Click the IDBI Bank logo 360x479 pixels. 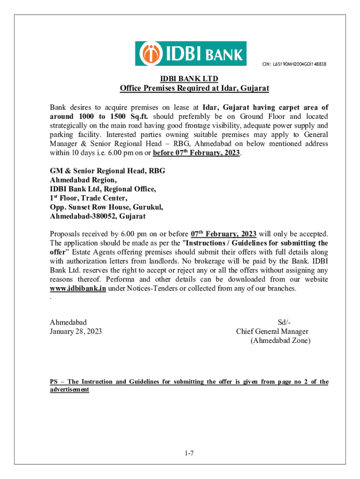coord(190,54)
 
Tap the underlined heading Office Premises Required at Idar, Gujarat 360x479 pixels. coord(194,88)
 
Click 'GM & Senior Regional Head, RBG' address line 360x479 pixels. coord(108,171)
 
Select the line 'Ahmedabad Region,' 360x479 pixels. coord(83,180)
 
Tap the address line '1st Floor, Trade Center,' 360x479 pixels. coord(88,198)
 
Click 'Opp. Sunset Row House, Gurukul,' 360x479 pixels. coord(107,207)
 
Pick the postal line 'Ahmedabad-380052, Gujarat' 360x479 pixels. coord(98,216)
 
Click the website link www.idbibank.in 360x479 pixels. coord(78,288)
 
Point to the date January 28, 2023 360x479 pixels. coord(76,332)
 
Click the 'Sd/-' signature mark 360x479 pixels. coord(284,322)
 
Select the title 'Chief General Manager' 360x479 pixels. coord(272,332)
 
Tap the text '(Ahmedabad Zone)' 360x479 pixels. coord(280,341)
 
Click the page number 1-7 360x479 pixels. coord(189,453)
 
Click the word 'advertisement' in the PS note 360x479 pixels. coord(69,390)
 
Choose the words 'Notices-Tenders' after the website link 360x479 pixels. coord(146,288)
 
